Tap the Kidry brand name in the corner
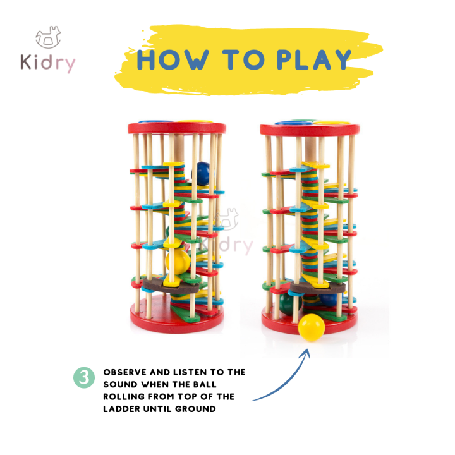49,64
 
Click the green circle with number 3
83,377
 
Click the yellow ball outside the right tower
311,327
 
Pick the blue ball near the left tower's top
202,173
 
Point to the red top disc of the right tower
310,130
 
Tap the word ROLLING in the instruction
126,397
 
